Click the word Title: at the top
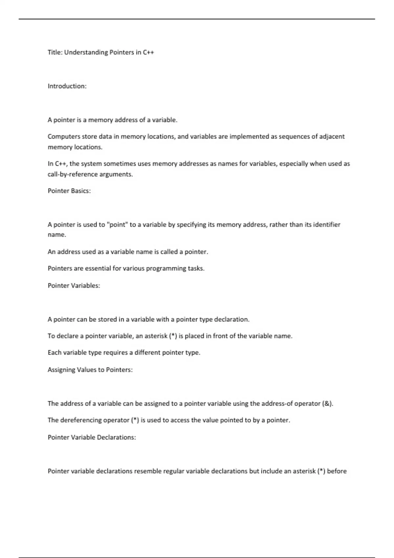[55, 52]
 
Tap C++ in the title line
[148, 52]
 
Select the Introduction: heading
[67, 86]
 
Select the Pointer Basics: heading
[69, 191]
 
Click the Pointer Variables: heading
[74, 286]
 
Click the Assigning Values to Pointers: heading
[90, 370]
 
